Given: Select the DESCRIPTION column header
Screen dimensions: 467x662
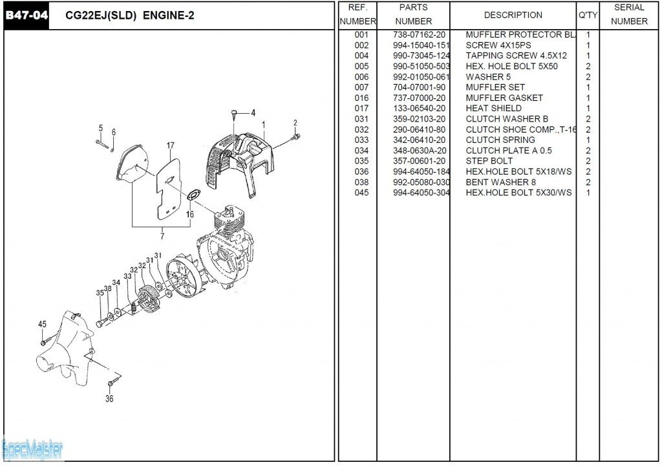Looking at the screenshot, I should point(513,15).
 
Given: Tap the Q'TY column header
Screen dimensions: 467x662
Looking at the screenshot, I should point(588,15).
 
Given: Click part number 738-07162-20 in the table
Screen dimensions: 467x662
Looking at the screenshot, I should point(419,35).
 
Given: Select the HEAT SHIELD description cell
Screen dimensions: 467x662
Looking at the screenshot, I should point(493,109).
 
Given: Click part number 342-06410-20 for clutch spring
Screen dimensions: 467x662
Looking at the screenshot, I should point(419,140).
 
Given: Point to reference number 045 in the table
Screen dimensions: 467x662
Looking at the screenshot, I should point(361,193).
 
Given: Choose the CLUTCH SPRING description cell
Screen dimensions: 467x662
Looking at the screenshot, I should point(500,140).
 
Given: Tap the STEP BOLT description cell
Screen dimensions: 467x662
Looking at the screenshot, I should point(489,161).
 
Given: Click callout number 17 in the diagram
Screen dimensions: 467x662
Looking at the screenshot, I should point(171,146).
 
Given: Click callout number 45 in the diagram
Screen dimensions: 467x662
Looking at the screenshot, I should point(42,325).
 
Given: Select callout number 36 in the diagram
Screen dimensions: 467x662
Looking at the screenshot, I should point(109,399).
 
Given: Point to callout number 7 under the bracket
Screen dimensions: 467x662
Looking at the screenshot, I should point(162,235).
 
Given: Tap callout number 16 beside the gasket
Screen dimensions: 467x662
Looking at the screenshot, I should point(190,214).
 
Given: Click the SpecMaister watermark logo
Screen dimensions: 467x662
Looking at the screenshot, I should point(32,448).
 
